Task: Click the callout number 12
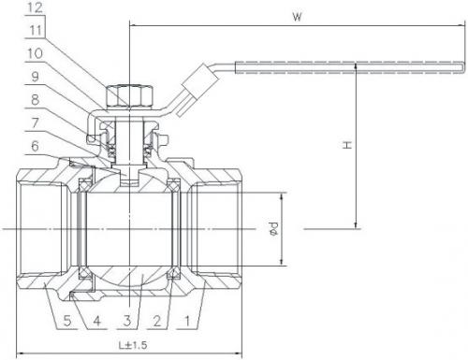point(35,7)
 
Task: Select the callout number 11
point(36,31)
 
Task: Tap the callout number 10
point(35,53)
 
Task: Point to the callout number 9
point(35,77)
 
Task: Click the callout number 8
point(35,100)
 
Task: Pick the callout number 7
point(35,122)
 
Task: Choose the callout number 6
point(35,146)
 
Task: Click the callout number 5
point(67,321)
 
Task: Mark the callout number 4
point(97,321)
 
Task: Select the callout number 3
point(126,321)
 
